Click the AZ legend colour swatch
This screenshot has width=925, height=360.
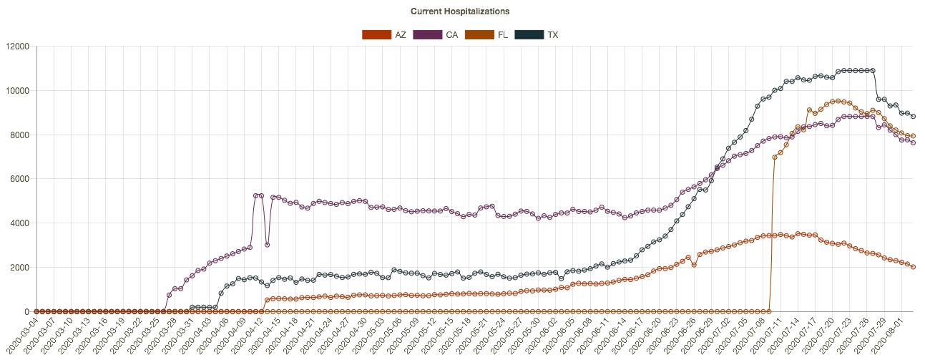[376, 34]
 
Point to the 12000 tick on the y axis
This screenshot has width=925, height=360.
[17, 47]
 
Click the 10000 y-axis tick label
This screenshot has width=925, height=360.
[17, 91]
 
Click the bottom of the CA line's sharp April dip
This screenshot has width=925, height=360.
[267, 245]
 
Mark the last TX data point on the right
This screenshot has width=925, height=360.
[913, 117]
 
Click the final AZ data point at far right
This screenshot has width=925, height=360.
[913, 266]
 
